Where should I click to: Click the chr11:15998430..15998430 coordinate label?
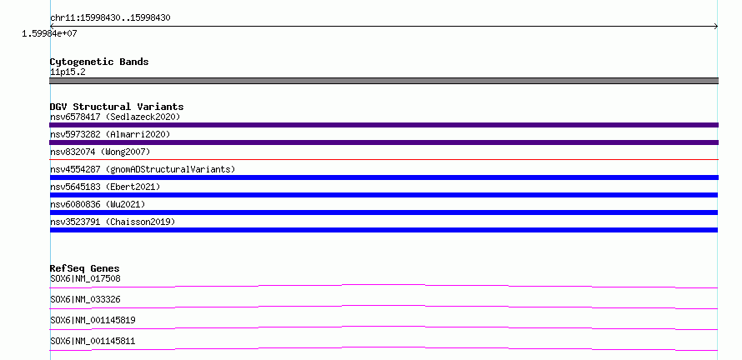click(x=110, y=18)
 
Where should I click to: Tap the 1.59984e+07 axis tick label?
click(x=49, y=34)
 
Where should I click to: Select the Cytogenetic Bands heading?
click(x=99, y=62)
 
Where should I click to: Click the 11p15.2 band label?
click(x=68, y=72)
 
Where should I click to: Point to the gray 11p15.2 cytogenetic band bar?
click(x=384, y=81)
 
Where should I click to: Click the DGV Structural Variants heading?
click(x=117, y=107)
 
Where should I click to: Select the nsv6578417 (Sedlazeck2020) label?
click(x=115, y=117)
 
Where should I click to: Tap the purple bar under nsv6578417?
click(x=384, y=125)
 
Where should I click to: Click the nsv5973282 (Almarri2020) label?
click(x=110, y=134)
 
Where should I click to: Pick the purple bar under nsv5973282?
click(x=384, y=142)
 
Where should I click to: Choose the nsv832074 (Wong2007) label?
click(x=100, y=152)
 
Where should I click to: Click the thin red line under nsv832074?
click(x=384, y=160)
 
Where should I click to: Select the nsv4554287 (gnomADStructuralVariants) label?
click(x=143, y=169)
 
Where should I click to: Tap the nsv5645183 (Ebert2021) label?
click(x=105, y=187)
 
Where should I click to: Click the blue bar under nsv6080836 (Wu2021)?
click(x=384, y=212)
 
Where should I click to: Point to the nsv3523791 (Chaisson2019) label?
click(x=113, y=222)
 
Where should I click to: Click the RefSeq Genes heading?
click(x=85, y=268)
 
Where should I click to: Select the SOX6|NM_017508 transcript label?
click(x=85, y=278)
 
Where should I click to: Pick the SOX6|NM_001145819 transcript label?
click(x=93, y=320)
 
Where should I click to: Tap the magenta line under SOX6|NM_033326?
click(x=384, y=307)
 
